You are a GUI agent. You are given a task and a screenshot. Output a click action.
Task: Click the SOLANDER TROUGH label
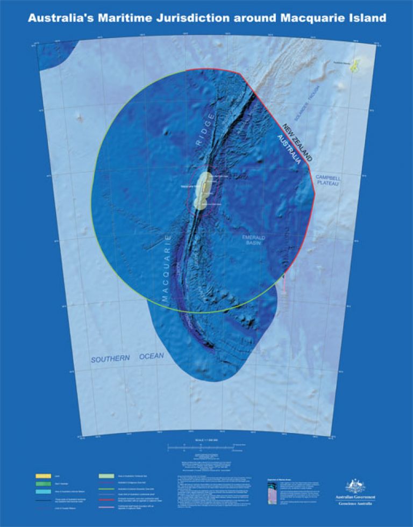click(x=308, y=107)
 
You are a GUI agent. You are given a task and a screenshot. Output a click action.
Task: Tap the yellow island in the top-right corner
click(x=354, y=67)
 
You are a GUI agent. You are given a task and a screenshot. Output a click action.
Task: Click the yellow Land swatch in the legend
click(x=44, y=476)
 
